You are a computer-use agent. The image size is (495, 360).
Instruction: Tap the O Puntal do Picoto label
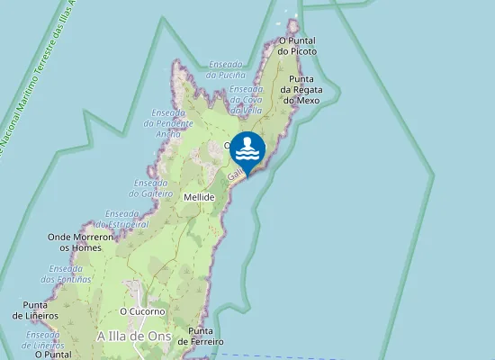click(x=297, y=46)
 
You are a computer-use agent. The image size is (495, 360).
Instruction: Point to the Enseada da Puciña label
click(x=225, y=69)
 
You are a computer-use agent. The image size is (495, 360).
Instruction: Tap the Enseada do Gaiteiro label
click(x=150, y=187)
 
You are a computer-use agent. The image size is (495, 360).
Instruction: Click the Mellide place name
click(x=198, y=196)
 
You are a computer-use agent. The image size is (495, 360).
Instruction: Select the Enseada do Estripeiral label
click(x=127, y=219)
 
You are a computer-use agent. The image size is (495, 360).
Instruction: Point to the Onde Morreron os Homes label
click(x=80, y=241)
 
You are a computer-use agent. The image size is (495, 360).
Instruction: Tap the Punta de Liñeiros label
click(x=36, y=310)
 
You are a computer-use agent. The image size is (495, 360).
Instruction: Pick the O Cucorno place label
click(x=139, y=311)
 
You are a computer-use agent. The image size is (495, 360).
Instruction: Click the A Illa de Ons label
click(x=133, y=336)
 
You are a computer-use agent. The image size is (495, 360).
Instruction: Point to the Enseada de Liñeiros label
click(x=42, y=339)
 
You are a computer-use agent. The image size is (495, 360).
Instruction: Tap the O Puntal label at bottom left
click(x=52, y=355)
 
